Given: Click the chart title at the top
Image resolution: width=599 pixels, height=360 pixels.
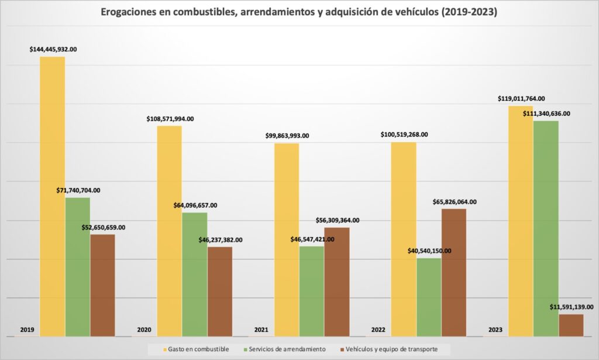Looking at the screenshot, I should coord(299,12).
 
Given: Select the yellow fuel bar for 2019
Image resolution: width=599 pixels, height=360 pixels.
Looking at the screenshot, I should coord(53,196).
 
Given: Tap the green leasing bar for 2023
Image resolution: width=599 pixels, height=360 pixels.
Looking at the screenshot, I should coord(546,228).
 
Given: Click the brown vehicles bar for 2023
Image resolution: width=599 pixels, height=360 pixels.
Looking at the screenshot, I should coord(571,325).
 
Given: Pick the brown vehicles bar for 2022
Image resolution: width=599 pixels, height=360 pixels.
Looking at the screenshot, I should coord(454,272).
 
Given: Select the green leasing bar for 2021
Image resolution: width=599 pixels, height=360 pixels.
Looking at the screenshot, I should coord(311,291).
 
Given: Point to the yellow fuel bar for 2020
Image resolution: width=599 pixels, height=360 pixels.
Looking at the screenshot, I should coord(170,231).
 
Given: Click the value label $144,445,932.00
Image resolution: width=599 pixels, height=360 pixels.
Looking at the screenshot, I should coord(53,50).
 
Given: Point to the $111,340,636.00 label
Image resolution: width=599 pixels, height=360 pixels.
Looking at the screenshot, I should coord(546,114).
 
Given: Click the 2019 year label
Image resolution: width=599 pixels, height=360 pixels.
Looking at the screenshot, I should coord(27,330).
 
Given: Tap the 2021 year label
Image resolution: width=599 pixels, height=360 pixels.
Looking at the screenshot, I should coord(261,330).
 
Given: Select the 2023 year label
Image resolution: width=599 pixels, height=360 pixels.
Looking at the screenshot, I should coord(495,330).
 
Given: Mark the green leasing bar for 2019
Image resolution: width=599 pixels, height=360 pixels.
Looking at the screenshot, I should coord(77,267).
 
